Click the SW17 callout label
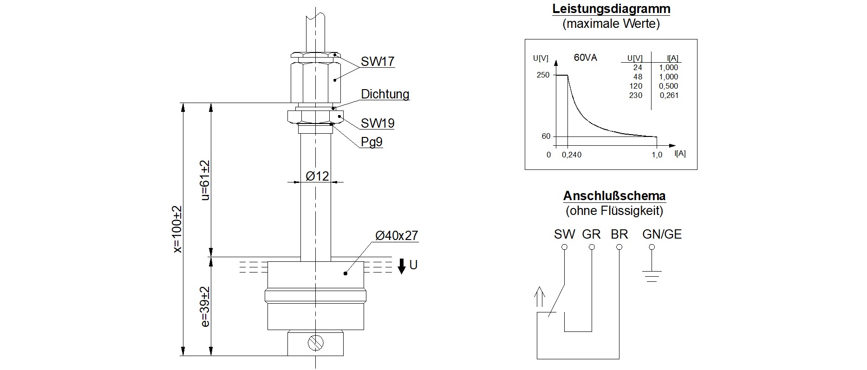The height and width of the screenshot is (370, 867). (x=378, y=62)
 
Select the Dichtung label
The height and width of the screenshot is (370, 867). (x=385, y=94)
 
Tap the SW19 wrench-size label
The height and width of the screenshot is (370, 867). (x=378, y=123)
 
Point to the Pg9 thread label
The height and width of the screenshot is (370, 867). (x=372, y=142)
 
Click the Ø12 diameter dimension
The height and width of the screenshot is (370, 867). (x=317, y=176)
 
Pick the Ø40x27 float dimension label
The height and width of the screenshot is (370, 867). (x=397, y=236)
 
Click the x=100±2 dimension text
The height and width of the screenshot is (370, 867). (x=177, y=229)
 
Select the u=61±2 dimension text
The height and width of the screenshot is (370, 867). (x=205, y=180)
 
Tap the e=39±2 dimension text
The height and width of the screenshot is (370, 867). (x=205, y=306)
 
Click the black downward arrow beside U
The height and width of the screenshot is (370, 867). (x=402, y=266)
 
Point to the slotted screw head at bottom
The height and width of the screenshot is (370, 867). (x=316, y=343)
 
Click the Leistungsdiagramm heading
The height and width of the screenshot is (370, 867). (x=611, y=9)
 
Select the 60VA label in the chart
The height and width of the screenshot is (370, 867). (x=586, y=58)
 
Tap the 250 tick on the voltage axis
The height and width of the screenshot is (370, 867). (x=543, y=75)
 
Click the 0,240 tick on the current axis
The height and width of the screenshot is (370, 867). (x=571, y=155)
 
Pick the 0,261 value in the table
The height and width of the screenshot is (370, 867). (x=668, y=96)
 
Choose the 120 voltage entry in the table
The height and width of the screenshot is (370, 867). (x=636, y=86)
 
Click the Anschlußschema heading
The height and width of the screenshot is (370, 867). (x=614, y=195)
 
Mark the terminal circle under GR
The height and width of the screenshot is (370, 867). (x=592, y=247)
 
